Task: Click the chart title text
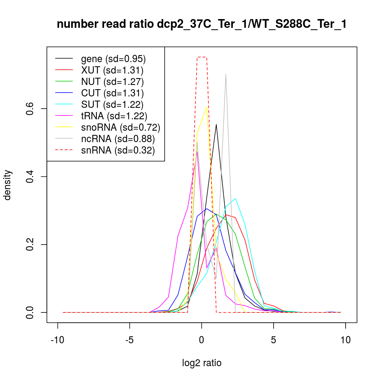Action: [x=202, y=24]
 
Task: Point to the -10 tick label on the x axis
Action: [x=58, y=340]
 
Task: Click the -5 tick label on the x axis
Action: [x=130, y=340]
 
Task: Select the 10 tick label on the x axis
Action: [x=346, y=340]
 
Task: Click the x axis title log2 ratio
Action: [x=202, y=363]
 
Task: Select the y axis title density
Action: [x=8, y=185]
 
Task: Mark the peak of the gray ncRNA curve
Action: [x=226, y=74]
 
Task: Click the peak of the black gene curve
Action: [x=216, y=124]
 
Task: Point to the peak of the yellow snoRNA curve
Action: [x=207, y=107]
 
